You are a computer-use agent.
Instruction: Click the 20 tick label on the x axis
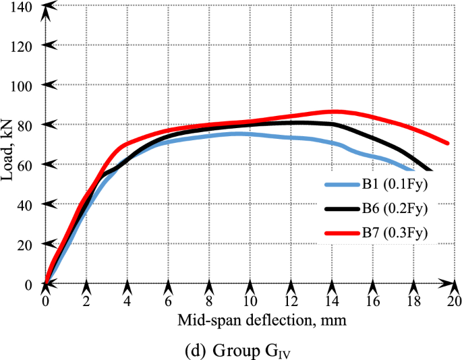[455, 301]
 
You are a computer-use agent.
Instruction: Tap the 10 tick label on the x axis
[250, 301]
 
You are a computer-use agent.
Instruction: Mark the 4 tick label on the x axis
[127, 301]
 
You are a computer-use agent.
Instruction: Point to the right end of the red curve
[448, 143]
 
